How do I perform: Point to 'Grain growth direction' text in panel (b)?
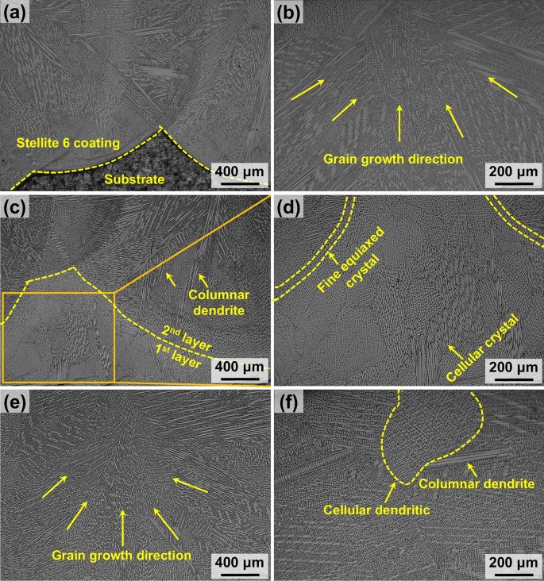coord(393,159)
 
